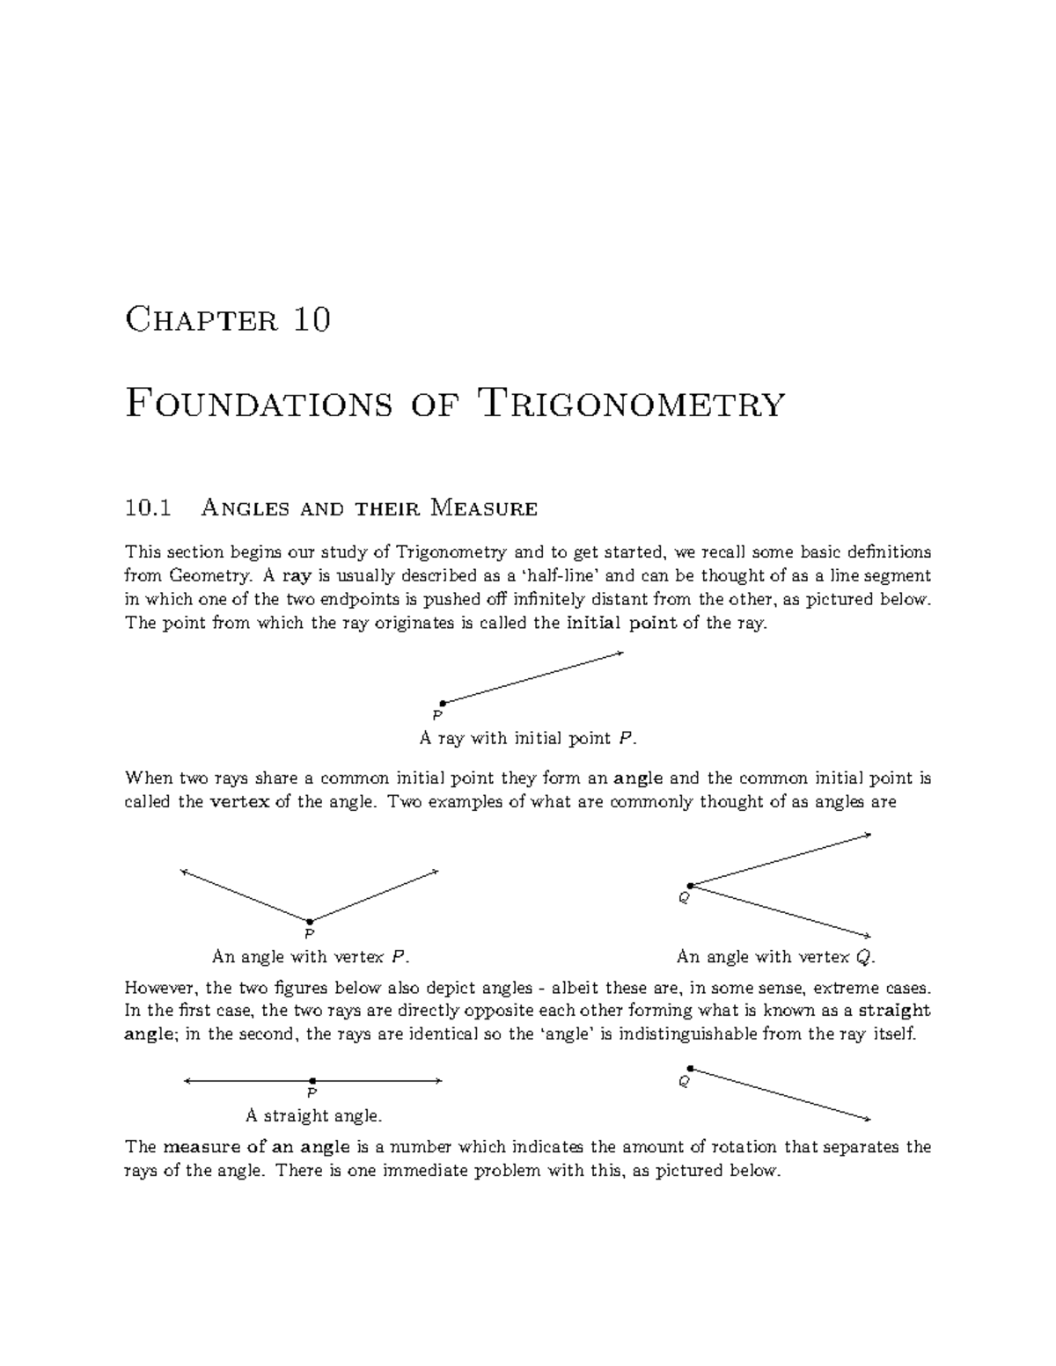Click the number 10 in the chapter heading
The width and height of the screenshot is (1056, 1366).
pyautogui.click(x=312, y=318)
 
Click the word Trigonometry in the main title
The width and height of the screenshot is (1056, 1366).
pyautogui.click(x=629, y=405)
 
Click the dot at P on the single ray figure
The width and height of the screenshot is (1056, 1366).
pyautogui.click(x=443, y=703)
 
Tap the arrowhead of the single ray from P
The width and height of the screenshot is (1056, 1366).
pyautogui.click(x=620, y=653)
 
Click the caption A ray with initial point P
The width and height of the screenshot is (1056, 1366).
pyautogui.click(x=527, y=738)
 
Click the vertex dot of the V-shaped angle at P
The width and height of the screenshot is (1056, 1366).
pyautogui.click(x=310, y=922)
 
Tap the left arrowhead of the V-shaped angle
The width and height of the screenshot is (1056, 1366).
pyautogui.click(x=183, y=872)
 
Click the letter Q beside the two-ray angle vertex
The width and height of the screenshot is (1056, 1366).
pyautogui.click(x=682, y=898)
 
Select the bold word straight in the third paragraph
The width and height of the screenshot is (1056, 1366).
pyautogui.click(x=894, y=1011)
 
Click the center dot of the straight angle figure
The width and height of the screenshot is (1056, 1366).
pyautogui.click(x=312, y=1080)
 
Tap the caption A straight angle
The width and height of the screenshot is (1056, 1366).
pyautogui.click(x=313, y=1116)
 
